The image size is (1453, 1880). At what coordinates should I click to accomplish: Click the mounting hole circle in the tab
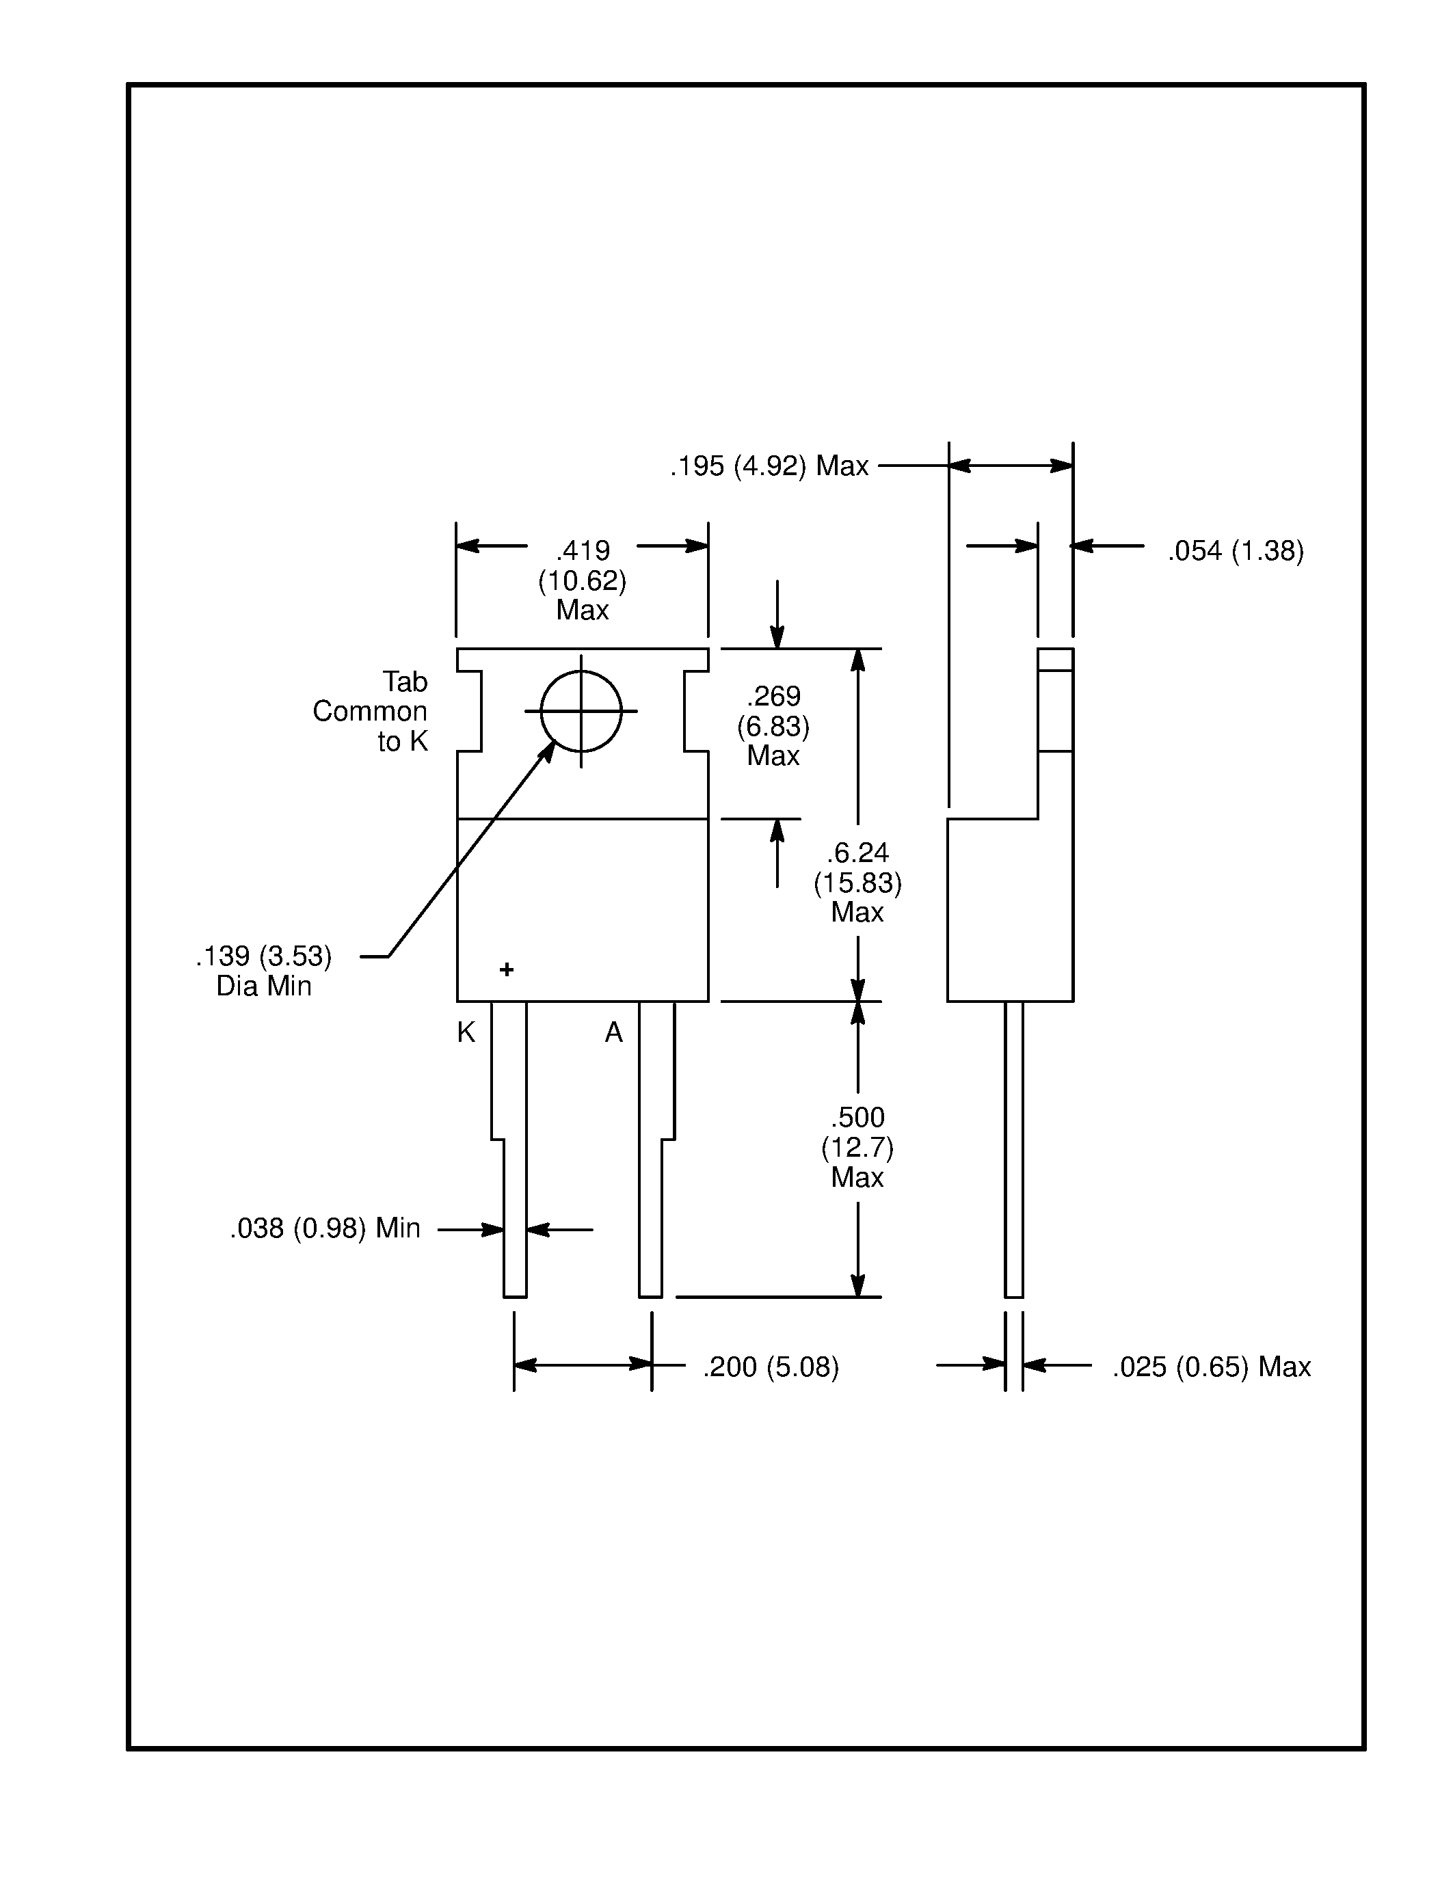[x=581, y=711]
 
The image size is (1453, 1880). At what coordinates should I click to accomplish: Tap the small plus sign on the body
[x=507, y=969]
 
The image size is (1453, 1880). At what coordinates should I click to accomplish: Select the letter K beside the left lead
[x=466, y=1032]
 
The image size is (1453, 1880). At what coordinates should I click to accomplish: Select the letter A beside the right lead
[x=614, y=1032]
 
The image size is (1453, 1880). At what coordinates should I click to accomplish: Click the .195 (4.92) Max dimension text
[x=769, y=466]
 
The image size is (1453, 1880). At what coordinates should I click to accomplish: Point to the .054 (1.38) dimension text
[x=1236, y=551]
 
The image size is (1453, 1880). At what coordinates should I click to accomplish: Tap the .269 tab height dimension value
[x=773, y=695]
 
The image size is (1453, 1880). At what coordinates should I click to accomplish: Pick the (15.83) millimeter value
[x=857, y=883]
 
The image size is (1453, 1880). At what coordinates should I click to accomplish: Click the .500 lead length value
[x=857, y=1117]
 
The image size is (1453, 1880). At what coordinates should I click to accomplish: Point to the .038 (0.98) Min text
[x=325, y=1228]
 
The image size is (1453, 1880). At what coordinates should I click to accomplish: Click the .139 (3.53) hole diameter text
[x=263, y=956]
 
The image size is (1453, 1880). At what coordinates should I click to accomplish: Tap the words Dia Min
[x=263, y=986]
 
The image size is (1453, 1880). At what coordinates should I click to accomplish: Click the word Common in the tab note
[x=369, y=711]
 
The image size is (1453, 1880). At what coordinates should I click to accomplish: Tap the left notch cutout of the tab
[x=469, y=711]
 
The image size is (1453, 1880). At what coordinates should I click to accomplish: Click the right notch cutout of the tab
[x=696, y=711]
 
